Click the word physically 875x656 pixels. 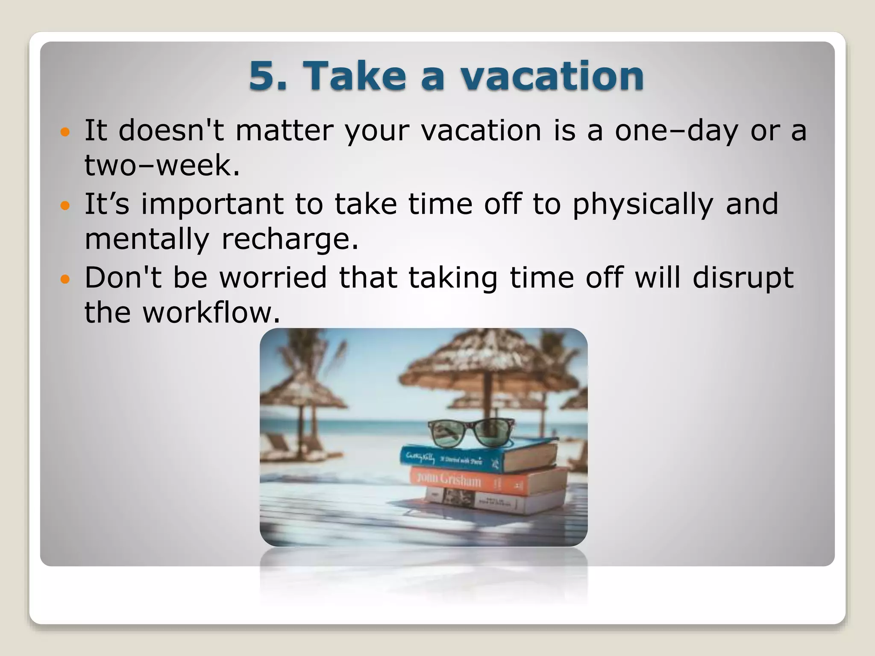point(643,204)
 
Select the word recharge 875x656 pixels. point(290,239)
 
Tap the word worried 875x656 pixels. point(273,278)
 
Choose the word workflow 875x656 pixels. point(211,313)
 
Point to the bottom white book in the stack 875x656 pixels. point(496,502)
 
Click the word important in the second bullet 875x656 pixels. point(212,204)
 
